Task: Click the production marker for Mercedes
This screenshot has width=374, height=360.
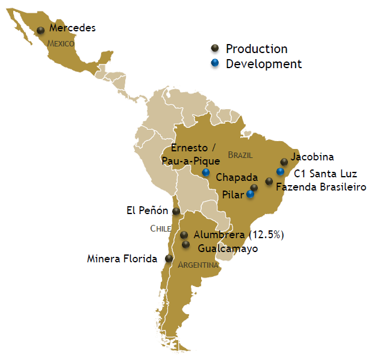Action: (41, 31)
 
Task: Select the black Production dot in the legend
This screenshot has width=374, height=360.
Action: (214, 49)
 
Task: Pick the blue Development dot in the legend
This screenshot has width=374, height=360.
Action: (214, 63)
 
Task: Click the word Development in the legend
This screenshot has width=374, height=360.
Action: (263, 63)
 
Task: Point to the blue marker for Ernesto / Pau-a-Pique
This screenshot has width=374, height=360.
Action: (206, 172)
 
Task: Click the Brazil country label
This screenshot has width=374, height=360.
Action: (240, 155)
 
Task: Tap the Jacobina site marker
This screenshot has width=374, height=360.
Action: (284, 162)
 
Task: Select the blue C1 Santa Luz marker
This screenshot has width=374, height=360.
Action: (280, 172)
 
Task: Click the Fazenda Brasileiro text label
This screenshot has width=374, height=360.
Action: (321, 188)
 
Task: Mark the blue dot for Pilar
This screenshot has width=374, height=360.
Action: (250, 194)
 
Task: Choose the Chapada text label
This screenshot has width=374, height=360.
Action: (237, 178)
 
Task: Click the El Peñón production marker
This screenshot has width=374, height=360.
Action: (176, 212)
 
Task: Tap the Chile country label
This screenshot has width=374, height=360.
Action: (161, 229)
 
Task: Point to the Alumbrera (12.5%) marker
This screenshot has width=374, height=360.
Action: (184, 235)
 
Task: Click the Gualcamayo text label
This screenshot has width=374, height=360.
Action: (228, 248)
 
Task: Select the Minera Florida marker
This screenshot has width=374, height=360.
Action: (170, 259)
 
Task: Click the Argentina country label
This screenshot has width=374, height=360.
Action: (198, 265)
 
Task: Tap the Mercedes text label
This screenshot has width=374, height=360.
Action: (72, 28)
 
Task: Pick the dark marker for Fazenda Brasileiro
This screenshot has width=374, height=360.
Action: (269, 182)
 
